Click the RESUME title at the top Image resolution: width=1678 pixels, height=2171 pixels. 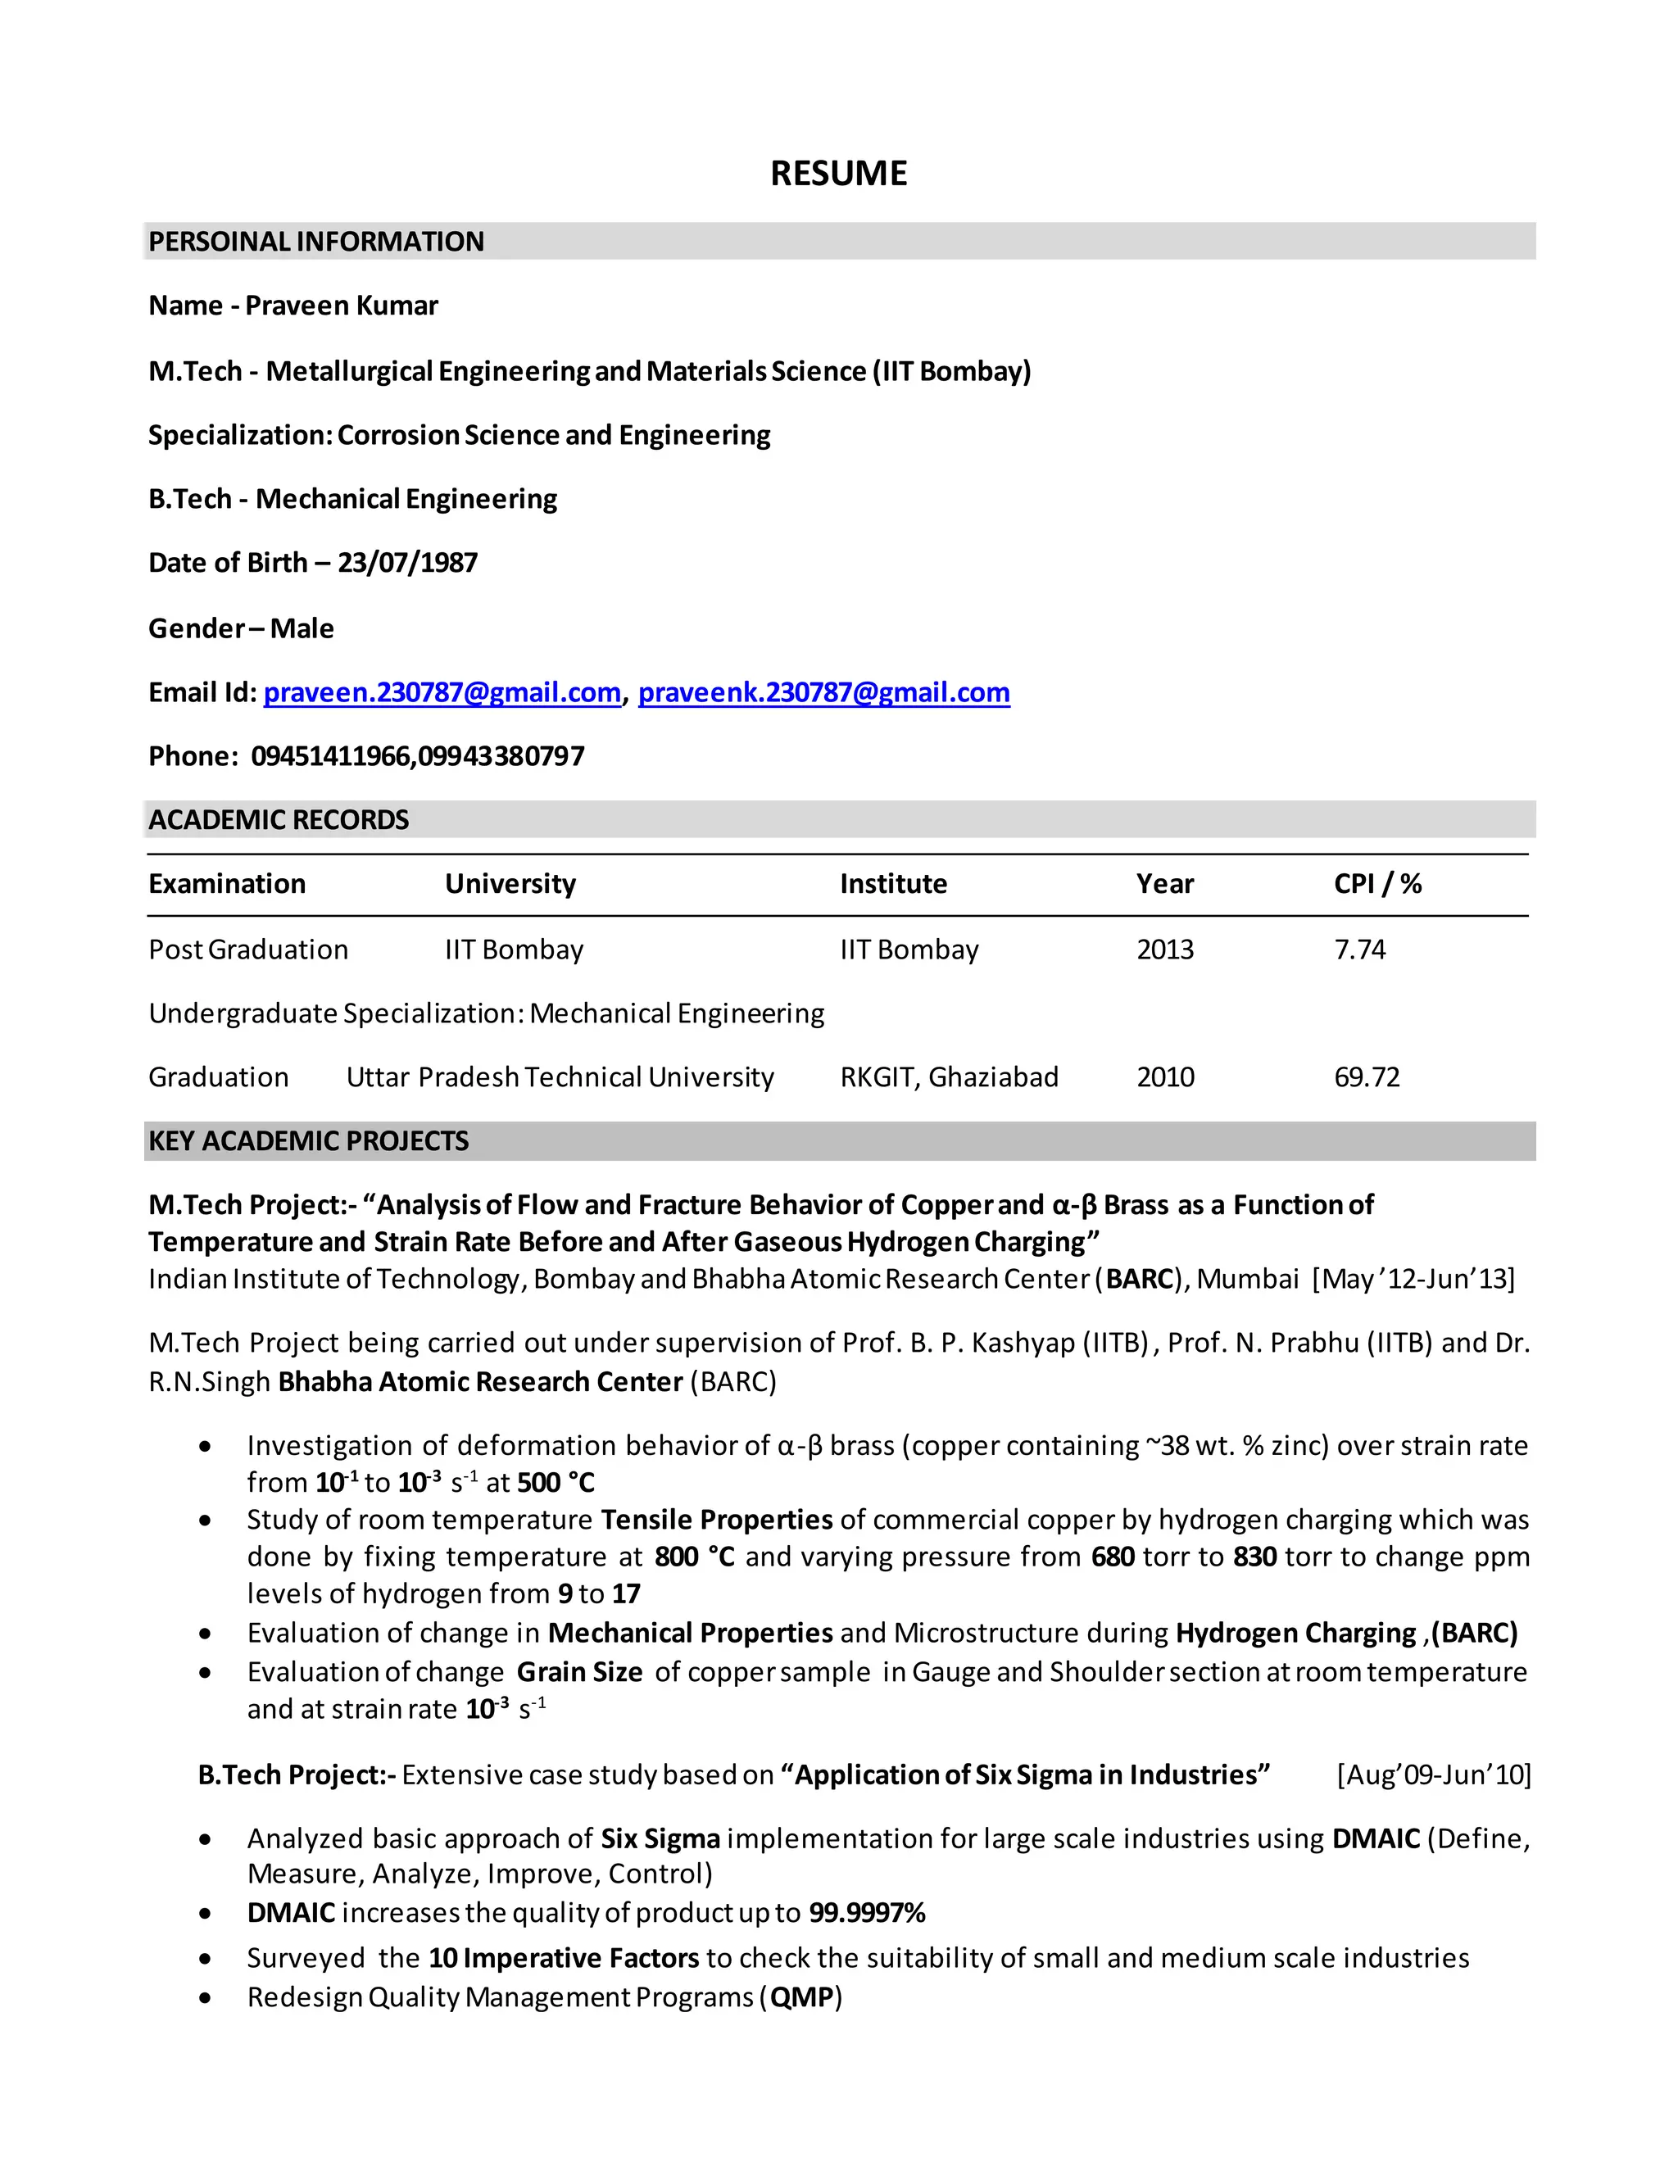838,174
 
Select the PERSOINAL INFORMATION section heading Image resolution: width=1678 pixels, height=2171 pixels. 316,242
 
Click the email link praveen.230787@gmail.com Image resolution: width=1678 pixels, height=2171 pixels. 442,693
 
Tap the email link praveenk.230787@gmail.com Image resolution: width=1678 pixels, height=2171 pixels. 823,693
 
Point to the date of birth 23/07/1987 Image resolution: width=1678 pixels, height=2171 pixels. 407,564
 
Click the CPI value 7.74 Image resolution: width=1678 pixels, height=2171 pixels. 1359,950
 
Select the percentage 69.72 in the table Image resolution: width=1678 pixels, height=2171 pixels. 1366,1077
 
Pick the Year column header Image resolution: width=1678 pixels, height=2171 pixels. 1164,885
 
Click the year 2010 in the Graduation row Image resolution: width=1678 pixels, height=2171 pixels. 1165,1077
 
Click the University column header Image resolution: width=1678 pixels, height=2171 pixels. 510,885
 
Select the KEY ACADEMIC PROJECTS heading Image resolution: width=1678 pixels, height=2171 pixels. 308,1141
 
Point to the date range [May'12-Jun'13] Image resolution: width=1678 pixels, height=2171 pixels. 1413,1280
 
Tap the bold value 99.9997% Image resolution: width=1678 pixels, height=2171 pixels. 867,1914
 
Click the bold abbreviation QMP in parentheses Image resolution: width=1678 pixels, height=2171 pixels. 801,1998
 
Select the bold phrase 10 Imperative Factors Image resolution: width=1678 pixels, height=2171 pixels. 564,1958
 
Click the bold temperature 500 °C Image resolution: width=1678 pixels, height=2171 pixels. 556,1483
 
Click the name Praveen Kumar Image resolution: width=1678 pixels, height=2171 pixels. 341,306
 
